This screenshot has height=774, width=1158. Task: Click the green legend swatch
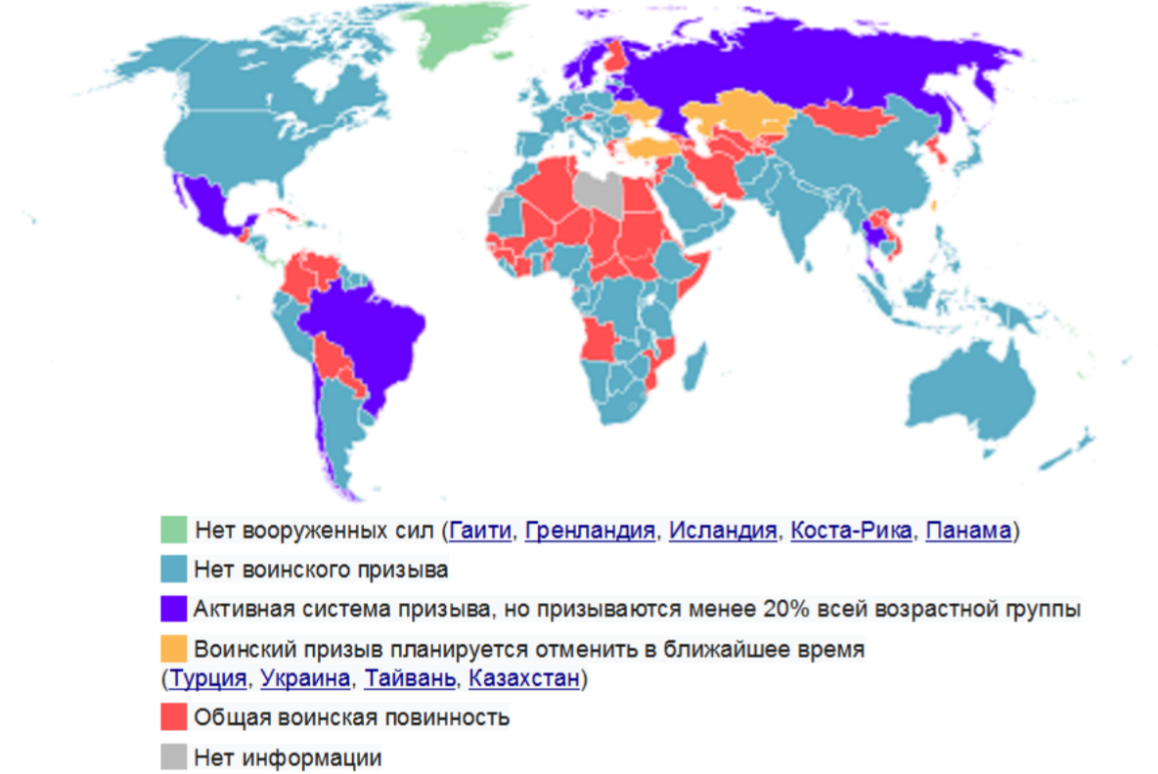tap(173, 530)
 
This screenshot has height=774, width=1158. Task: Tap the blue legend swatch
tap(173, 569)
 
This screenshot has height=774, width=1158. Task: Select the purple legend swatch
tap(173, 609)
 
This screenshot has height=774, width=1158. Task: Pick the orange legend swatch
tap(173, 648)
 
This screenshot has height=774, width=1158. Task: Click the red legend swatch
tap(173, 717)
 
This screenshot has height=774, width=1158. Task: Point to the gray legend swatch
tap(173, 756)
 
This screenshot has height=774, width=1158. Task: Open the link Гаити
tap(479, 531)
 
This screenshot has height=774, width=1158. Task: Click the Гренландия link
tap(589, 531)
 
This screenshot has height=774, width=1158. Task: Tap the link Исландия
tap(723, 531)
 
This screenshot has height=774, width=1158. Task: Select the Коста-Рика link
tap(851, 531)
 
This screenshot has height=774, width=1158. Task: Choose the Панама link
tap(967, 531)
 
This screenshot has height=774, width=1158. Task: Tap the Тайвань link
tap(410, 678)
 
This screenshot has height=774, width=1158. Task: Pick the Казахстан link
tap(524, 678)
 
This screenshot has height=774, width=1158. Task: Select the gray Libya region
tap(599, 191)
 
